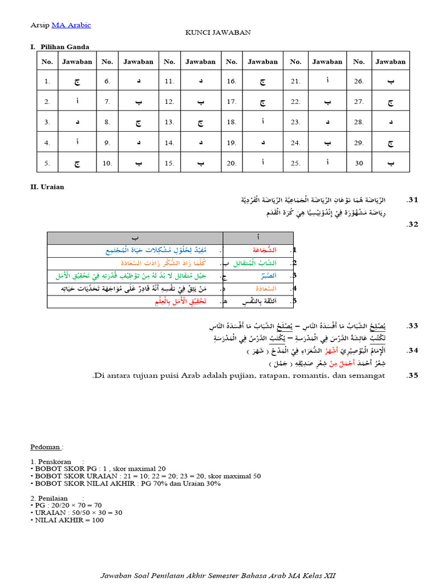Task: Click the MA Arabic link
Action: pyautogui.click(x=71, y=25)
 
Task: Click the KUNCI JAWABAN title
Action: pyautogui.click(x=218, y=33)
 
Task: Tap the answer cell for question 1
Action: pyautogui.click(x=76, y=82)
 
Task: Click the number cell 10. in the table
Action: pyautogui.click(x=107, y=163)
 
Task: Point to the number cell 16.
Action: pyautogui.click(x=231, y=82)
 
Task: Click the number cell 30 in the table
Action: pyautogui.click(x=358, y=163)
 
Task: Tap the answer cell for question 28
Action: pyautogui.click(x=390, y=122)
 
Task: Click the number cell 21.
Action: pyautogui.click(x=295, y=82)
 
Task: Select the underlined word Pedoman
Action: pyautogui.click(x=46, y=446)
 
